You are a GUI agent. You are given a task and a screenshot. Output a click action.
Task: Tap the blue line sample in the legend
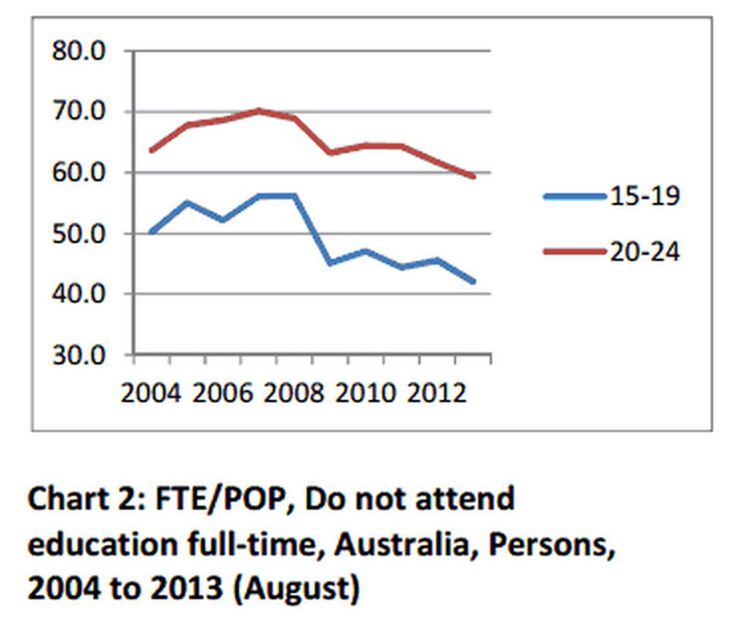[575, 197]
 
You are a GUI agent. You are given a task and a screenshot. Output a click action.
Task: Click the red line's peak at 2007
[259, 110]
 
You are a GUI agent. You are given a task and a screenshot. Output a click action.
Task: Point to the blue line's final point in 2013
[474, 282]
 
